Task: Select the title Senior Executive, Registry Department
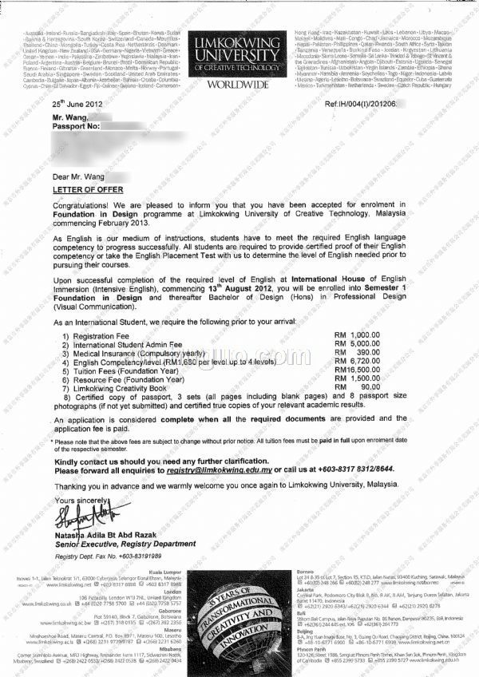coord(113,543)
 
